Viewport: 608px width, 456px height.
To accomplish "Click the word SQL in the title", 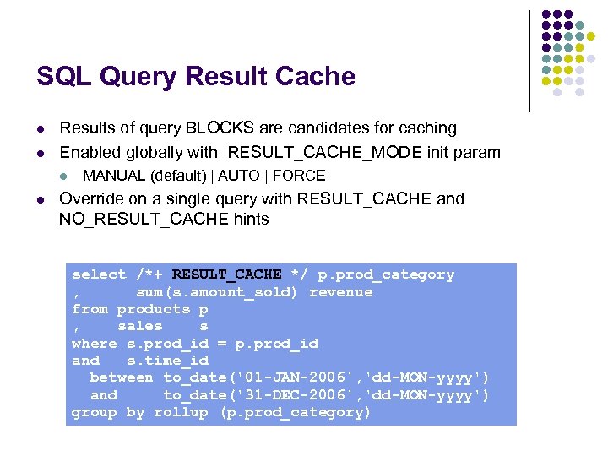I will pos(63,77).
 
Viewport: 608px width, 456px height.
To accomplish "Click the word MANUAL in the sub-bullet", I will pos(114,176).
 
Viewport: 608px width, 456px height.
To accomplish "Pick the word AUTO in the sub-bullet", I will pos(239,176).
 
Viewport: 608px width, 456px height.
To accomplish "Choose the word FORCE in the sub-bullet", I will pos(299,176).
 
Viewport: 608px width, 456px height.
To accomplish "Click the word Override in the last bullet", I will pos(91,199).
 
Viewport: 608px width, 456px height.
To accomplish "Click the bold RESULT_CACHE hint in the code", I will pos(226,274).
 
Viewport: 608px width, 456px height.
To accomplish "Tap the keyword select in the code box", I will pos(99,274).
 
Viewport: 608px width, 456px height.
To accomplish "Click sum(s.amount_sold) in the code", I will pos(217,292).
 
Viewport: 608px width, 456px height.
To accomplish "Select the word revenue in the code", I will pos(340,292).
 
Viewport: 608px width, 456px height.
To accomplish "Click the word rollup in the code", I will pos(181,412).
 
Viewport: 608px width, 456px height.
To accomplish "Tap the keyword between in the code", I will pos(122,377).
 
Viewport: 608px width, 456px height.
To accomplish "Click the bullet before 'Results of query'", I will pos(41,129).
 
